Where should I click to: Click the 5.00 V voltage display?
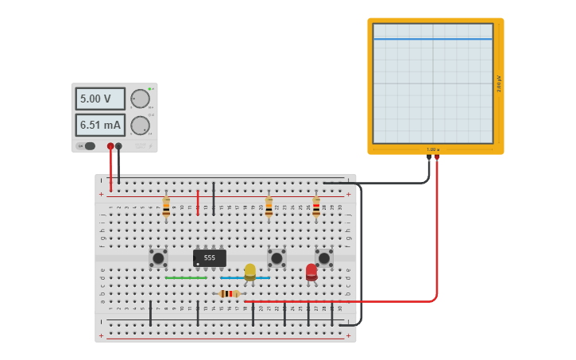[100, 99]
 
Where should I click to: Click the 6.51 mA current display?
[100, 125]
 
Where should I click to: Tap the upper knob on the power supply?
[140, 99]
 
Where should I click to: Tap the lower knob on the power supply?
[140, 125]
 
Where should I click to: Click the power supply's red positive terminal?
[110, 146]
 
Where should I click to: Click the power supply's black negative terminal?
[118, 146]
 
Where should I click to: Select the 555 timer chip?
[210, 258]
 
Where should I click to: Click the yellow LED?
[250, 271]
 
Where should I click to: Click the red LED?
[311, 271]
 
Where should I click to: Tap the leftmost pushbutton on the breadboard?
[158, 257]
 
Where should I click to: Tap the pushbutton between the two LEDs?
[276, 257]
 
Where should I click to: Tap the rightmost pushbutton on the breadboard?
[324, 257]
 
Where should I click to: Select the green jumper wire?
[186, 278]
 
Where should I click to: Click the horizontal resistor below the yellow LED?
[230, 294]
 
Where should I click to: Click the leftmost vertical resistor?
[166, 207]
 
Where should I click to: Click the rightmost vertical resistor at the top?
[316, 207]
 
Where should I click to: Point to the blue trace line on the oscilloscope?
[433, 39]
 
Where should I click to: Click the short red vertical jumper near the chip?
[198, 203]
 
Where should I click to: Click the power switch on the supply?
[89, 146]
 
